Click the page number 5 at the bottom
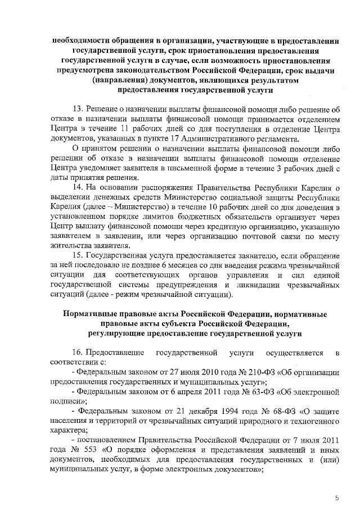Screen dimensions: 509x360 (x=337, y=498)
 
